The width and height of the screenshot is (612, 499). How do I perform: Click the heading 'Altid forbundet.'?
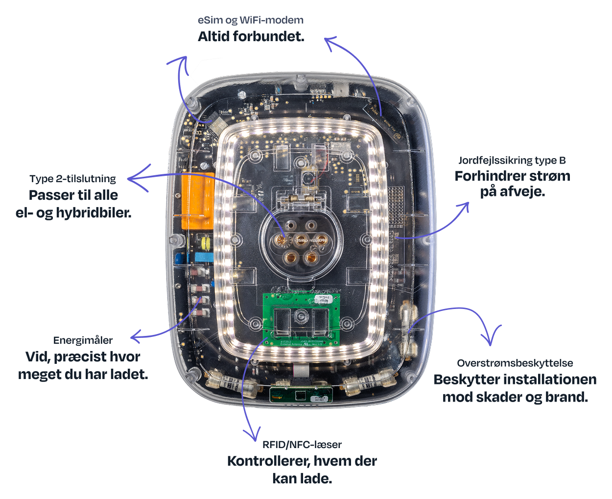pos(251,37)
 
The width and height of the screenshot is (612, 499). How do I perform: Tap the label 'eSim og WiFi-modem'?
pos(250,20)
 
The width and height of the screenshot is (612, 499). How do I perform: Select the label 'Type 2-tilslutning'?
pos(72,179)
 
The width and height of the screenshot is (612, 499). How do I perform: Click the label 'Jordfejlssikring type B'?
pos(512,160)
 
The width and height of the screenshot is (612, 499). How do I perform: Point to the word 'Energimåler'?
pos(83,340)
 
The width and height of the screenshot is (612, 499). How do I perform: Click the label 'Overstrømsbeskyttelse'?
pos(515,363)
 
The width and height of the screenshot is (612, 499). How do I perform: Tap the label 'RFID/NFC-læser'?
pos(302,445)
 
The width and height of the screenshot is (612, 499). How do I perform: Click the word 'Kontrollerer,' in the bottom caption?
pos(268,461)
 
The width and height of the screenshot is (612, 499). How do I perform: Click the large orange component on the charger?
pos(197,201)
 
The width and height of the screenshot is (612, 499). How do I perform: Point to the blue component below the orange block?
pos(204,257)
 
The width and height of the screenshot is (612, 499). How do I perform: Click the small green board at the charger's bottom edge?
pos(301,394)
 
